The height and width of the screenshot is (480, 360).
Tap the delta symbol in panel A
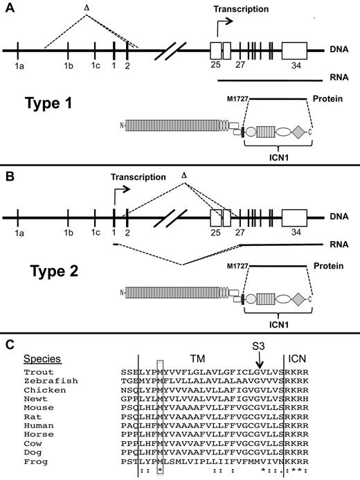click(87, 8)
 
